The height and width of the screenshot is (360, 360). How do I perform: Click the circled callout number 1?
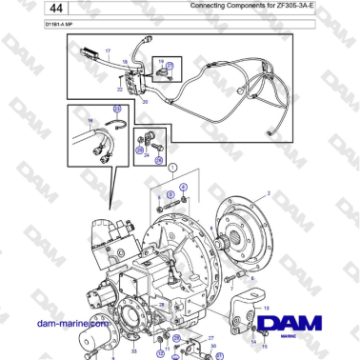[172, 166]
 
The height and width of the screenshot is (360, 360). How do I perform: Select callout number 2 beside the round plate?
[270, 193]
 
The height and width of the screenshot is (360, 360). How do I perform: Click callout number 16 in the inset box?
[90, 121]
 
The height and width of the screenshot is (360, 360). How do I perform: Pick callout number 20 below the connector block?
[145, 99]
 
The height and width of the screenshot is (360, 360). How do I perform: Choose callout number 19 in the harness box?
[159, 59]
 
